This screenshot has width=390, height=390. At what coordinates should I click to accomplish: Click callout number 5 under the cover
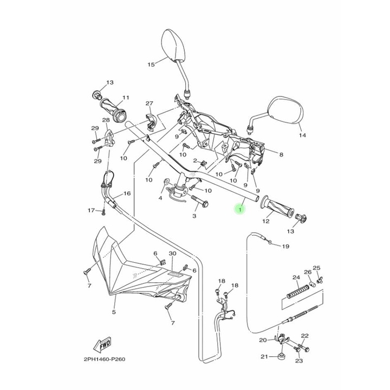[114, 312]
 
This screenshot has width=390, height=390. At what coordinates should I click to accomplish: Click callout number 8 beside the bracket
[281, 155]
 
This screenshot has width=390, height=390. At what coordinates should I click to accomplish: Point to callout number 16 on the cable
[127, 193]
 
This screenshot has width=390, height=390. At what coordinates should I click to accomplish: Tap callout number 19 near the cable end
[286, 246]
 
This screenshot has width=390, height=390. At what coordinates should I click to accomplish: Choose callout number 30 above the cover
[173, 253]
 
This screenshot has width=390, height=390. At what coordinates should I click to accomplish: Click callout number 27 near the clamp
[149, 103]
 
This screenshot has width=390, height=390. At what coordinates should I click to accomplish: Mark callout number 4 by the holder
[160, 198]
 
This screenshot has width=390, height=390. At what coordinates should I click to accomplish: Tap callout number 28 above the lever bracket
[106, 120]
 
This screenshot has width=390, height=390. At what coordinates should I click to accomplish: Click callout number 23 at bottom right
[298, 361]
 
